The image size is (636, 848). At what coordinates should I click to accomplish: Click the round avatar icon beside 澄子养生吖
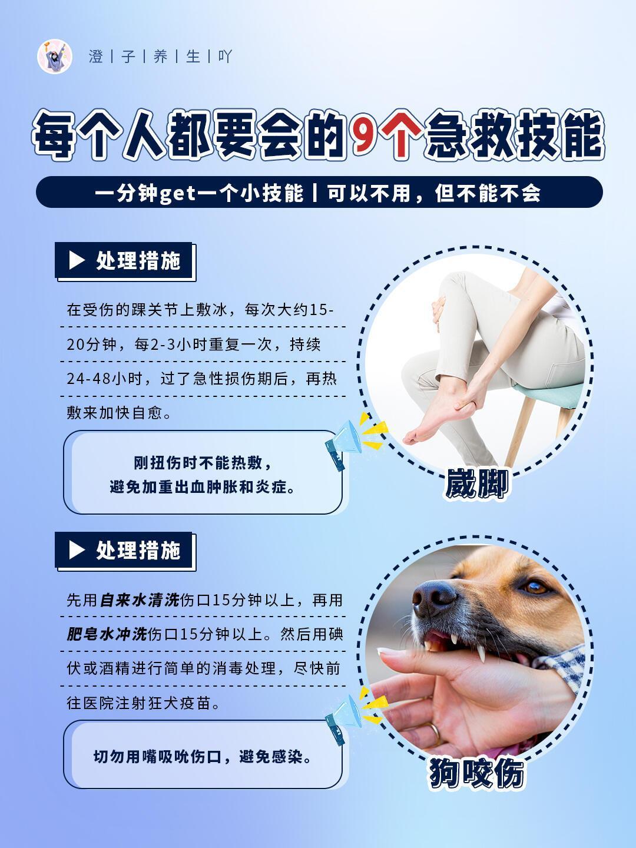coord(54,57)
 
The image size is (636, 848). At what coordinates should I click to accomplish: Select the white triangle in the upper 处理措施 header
coord(77,260)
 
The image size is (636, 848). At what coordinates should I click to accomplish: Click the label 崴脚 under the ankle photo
coord(476,483)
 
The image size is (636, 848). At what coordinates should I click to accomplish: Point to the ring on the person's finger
coord(435,731)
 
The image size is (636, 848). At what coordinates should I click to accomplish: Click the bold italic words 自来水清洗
coord(140,600)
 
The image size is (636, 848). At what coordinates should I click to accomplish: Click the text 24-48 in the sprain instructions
coord(89,379)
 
